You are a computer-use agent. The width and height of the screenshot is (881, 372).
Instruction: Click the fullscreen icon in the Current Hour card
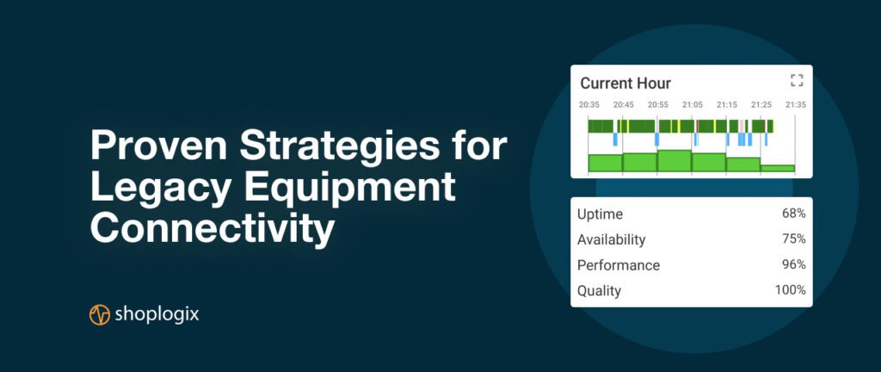796,80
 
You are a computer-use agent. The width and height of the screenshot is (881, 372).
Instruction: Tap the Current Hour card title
625,84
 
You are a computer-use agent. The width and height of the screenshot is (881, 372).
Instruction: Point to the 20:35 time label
589,104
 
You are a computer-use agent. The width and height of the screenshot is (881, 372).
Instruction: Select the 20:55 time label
658,104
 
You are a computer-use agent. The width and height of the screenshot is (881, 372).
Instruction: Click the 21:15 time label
727,104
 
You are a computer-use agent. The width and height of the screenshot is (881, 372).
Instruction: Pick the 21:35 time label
796,104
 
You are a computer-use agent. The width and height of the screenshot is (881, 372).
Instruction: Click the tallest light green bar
675,161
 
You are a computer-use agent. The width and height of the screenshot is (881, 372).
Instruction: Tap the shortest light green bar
778,168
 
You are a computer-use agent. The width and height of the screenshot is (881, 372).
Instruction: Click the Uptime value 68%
794,214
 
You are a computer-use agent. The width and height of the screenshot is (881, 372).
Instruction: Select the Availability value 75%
794,239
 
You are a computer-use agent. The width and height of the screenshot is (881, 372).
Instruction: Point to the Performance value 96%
794,264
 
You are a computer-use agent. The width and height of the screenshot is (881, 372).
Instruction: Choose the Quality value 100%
792,290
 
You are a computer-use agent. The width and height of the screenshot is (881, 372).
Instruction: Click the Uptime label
600,214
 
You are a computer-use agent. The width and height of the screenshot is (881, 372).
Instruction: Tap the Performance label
619,265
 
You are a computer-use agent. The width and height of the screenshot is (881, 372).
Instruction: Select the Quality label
599,291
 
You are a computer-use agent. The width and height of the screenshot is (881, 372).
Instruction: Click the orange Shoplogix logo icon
100,314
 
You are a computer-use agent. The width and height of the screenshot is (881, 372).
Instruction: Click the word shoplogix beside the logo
157,314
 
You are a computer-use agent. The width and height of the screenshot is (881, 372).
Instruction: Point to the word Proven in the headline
159,146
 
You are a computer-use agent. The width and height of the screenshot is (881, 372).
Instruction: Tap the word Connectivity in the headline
212,229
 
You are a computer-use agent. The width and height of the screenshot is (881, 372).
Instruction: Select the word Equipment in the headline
349,189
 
